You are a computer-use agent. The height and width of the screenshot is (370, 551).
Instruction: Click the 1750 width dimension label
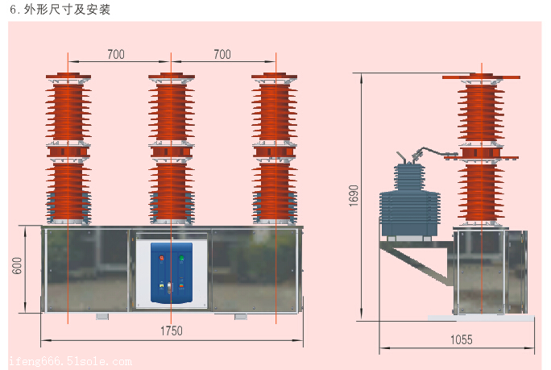pyautogui.click(x=172, y=331)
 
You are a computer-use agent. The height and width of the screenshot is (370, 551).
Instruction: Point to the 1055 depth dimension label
pyautogui.click(x=462, y=340)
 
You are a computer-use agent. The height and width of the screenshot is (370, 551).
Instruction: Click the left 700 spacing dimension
pyautogui.click(x=116, y=54)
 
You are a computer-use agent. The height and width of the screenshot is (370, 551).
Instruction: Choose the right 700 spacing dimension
pyautogui.click(x=222, y=54)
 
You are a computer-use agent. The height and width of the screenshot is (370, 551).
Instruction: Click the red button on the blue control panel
pyautogui.click(x=162, y=259)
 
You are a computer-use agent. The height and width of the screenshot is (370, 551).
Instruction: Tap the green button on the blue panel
pyautogui.click(x=181, y=259)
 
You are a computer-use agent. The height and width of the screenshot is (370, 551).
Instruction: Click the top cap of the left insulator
pyautogui.click(x=68, y=78)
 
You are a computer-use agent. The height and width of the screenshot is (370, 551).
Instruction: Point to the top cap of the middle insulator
pyautogui.click(x=172, y=78)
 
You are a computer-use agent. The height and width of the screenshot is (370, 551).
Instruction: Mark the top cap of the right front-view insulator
pyautogui.click(x=275, y=78)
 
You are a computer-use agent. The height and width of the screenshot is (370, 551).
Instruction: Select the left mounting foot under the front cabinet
pyautogui.click(x=102, y=316)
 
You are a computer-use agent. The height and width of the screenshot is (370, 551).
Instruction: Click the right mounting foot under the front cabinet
pyautogui.click(x=241, y=316)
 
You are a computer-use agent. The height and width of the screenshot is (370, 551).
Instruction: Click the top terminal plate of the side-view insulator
pyautogui.click(x=481, y=77)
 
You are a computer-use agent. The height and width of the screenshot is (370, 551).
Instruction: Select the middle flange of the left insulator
pyautogui.click(x=68, y=151)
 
